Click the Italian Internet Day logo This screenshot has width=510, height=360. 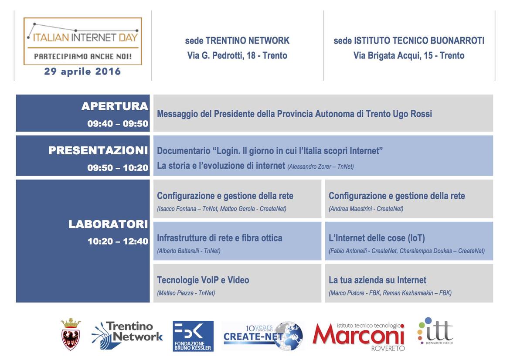(83, 41)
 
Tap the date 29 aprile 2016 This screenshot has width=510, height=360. (83, 71)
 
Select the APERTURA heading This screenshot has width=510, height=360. (115, 106)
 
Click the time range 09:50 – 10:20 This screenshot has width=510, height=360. (118, 168)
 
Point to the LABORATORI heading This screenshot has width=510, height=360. (108, 224)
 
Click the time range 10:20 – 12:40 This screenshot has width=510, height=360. (118, 241)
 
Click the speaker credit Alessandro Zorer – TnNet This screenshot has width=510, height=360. (320, 167)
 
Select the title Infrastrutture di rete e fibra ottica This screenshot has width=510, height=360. (220, 238)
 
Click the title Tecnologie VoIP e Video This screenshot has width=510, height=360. (203, 280)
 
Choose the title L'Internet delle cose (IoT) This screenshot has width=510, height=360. (377, 238)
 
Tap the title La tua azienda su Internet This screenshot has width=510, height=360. (377, 280)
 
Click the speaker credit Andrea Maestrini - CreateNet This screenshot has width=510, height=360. (366, 209)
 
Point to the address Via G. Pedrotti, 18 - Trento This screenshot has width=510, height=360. (237, 56)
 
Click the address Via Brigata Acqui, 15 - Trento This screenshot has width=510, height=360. (409, 56)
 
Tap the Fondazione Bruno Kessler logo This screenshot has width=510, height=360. (193, 336)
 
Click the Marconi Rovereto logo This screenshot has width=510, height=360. (359, 337)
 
